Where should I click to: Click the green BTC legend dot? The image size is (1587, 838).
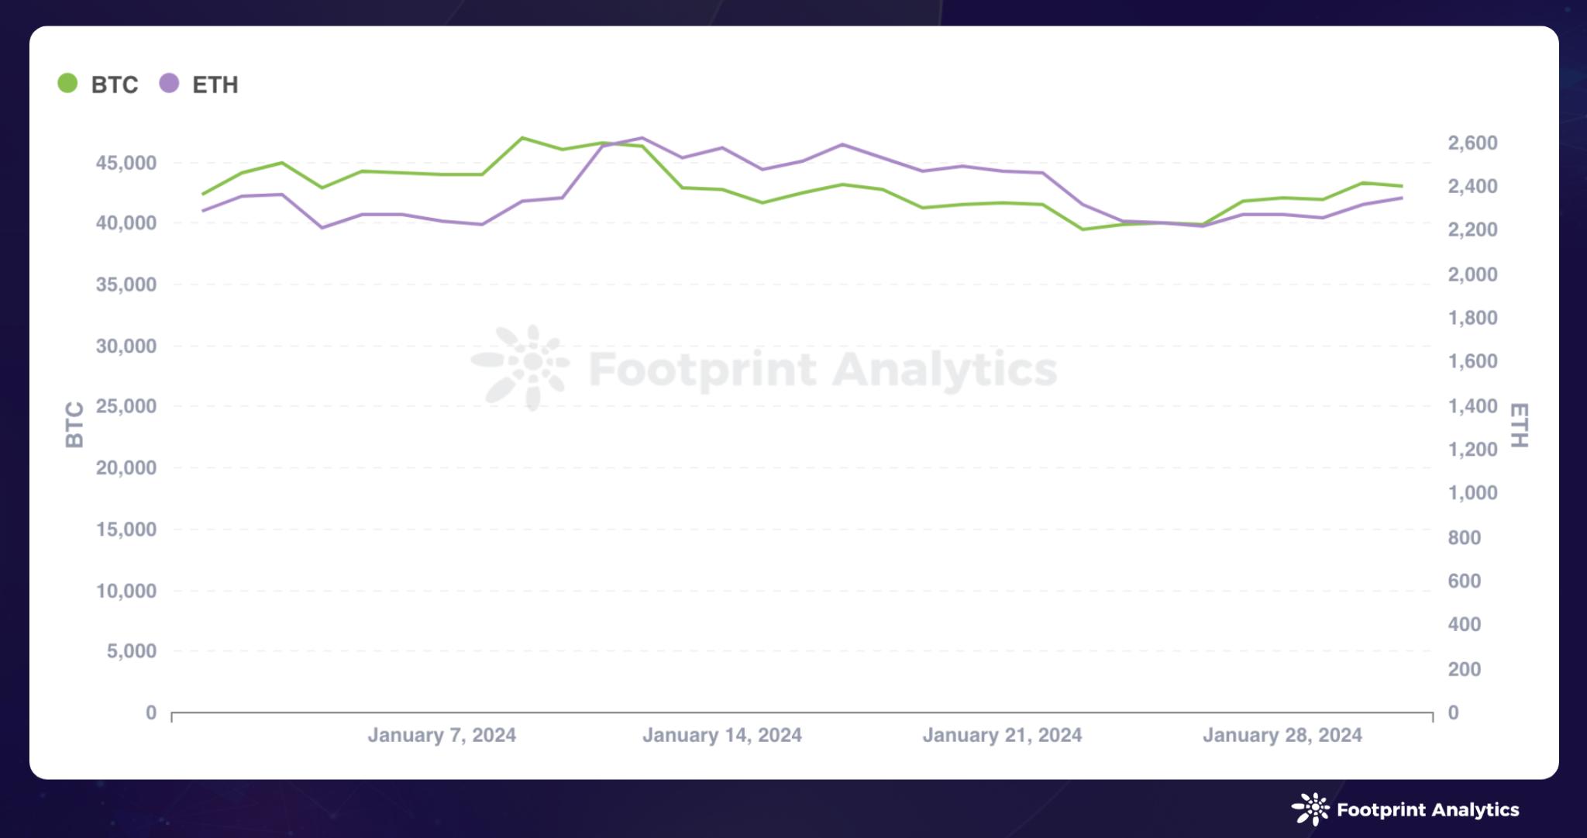click(x=67, y=83)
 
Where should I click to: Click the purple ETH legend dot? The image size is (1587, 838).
click(x=169, y=83)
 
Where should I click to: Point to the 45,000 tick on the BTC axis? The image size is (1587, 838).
click(x=126, y=163)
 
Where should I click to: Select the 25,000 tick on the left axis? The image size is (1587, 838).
click(x=126, y=406)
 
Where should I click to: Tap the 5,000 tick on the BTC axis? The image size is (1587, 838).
click(x=132, y=651)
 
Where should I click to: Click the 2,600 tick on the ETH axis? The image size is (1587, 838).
click(x=1472, y=143)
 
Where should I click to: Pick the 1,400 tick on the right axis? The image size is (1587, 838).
click(x=1472, y=406)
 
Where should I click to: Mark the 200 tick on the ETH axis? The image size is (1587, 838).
click(x=1464, y=669)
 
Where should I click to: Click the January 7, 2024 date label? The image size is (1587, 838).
click(x=442, y=735)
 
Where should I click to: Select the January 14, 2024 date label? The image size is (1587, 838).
click(x=721, y=735)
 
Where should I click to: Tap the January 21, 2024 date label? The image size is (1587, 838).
click(x=1002, y=735)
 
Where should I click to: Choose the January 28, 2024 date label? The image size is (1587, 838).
click(x=1282, y=735)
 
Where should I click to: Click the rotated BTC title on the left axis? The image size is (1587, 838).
click(x=74, y=425)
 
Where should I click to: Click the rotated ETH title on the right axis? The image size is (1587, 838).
click(x=1519, y=425)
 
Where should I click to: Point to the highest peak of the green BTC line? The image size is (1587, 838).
click(x=523, y=138)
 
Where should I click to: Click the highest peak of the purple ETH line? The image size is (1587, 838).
click(x=642, y=138)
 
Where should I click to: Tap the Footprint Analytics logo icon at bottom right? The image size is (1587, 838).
click(x=1310, y=809)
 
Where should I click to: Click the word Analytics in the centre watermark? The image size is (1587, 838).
click(x=945, y=369)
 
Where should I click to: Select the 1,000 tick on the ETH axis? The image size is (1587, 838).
click(x=1472, y=493)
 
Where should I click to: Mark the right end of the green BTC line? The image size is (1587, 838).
click(x=1401, y=186)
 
